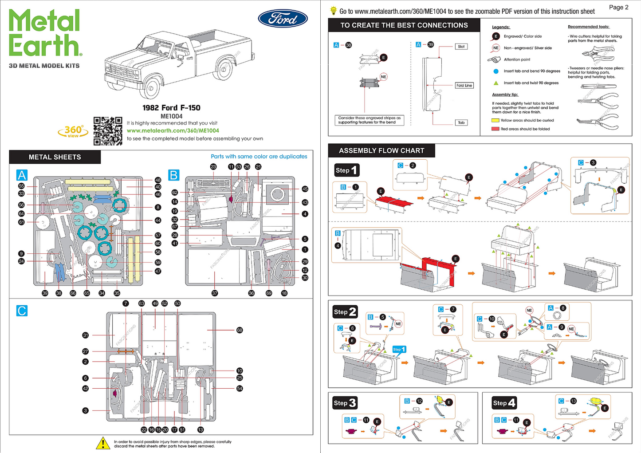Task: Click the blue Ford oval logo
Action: click(283, 19)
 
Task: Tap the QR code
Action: click(108, 131)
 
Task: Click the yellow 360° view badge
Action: click(73, 131)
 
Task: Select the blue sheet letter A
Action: click(22, 175)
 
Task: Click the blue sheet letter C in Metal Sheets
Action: click(22, 311)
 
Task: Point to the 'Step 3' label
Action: click(345, 403)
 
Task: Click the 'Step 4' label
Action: click(504, 403)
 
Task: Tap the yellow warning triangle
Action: click(103, 443)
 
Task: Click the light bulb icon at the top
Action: click(334, 11)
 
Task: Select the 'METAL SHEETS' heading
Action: click(55, 157)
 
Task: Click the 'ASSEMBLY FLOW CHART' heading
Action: click(381, 151)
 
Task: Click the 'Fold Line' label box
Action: click(464, 85)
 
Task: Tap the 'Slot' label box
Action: click(461, 46)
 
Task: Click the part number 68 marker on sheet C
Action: click(240, 330)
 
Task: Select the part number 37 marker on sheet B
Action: click(215, 293)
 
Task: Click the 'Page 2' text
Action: click(618, 7)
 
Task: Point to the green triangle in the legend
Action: click(496, 83)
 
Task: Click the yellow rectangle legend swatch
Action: click(495, 120)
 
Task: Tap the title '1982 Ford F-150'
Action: click(171, 107)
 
